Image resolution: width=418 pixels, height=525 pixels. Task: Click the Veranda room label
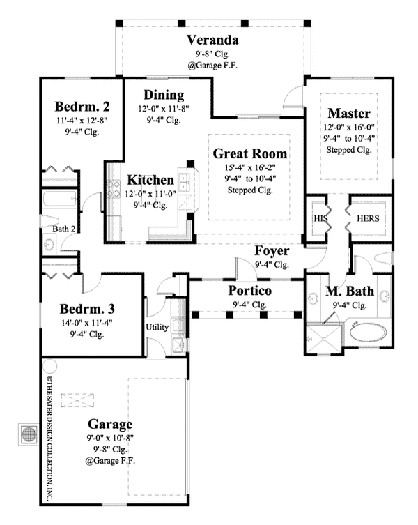213,40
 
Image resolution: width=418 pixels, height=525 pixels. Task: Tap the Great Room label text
250,153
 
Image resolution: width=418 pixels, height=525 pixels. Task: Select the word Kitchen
150,181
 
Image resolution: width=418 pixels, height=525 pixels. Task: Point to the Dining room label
164,96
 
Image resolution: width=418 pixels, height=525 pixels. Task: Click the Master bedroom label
348,113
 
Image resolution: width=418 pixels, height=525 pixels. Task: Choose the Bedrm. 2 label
82,107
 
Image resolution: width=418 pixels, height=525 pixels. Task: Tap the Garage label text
111,424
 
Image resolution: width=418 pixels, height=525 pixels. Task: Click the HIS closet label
320,218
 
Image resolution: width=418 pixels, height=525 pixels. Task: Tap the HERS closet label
368,218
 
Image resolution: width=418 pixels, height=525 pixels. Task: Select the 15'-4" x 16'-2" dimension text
250,167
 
